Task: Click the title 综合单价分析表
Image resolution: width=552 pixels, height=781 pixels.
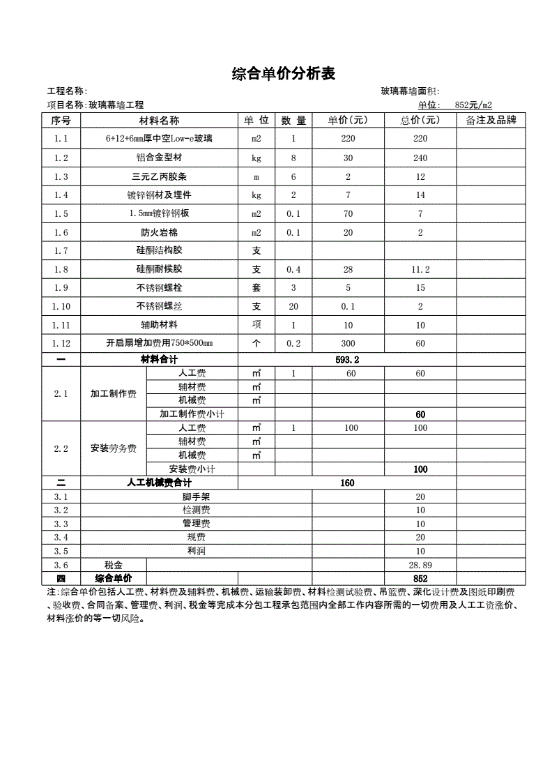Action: [x=283, y=74]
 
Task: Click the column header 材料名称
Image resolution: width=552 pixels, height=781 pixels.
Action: [x=160, y=121]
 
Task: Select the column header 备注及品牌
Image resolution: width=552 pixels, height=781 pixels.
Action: [x=491, y=121]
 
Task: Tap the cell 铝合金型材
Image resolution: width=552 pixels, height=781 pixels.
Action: [x=160, y=158]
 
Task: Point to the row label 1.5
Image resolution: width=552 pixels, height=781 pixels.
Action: [x=61, y=213]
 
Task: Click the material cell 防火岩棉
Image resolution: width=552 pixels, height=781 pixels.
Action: [x=160, y=232]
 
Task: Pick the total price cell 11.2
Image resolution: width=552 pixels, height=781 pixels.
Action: [x=420, y=269]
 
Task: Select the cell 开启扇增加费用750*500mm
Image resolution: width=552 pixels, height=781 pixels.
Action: [x=160, y=343]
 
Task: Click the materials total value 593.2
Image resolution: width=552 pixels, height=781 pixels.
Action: [x=347, y=360]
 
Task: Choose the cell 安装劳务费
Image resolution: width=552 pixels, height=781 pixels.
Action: [x=114, y=448]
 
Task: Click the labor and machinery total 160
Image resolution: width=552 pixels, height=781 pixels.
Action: [x=347, y=483]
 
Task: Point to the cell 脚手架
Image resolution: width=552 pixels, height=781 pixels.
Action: [x=197, y=496]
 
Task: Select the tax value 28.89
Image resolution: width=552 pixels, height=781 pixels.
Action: [x=420, y=565]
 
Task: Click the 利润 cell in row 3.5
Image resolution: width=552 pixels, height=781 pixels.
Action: [x=197, y=551]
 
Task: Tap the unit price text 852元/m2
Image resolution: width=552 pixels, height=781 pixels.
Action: [x=473, y=105]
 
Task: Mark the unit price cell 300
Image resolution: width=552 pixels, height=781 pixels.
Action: [x=348, y=343]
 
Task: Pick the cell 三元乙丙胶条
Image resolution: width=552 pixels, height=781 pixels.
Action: [x=160, y=177]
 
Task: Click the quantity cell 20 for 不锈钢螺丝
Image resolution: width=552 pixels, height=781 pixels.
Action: [x=293, y=306]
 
